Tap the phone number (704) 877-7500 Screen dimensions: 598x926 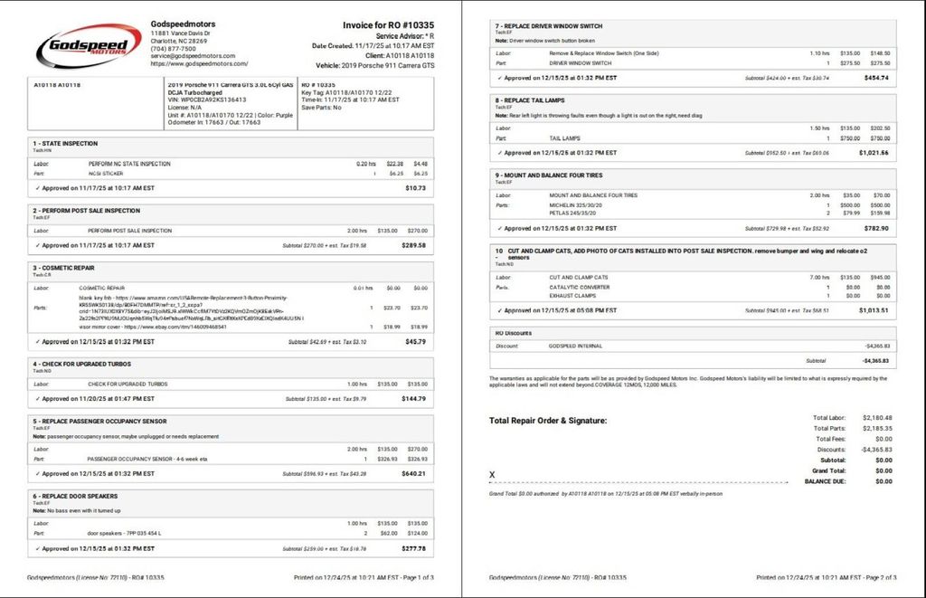coord(173,49)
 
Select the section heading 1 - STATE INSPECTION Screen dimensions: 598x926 coord(65,143)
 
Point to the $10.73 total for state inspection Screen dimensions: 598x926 coord(415,188)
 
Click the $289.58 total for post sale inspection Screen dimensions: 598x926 coord(412,245)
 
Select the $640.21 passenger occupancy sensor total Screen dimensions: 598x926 coord(412,473)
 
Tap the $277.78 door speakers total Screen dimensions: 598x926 coord(412,548)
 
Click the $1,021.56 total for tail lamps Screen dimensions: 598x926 coord(874,153)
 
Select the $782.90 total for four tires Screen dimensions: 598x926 coord(876,228)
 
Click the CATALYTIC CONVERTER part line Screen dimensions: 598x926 coord(580,287)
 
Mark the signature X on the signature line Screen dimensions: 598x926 coord(492,474)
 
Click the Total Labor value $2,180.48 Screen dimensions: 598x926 coord(876,418)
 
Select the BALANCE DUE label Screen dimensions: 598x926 coord(825,481)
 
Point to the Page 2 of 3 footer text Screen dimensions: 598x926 coord(869,576)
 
